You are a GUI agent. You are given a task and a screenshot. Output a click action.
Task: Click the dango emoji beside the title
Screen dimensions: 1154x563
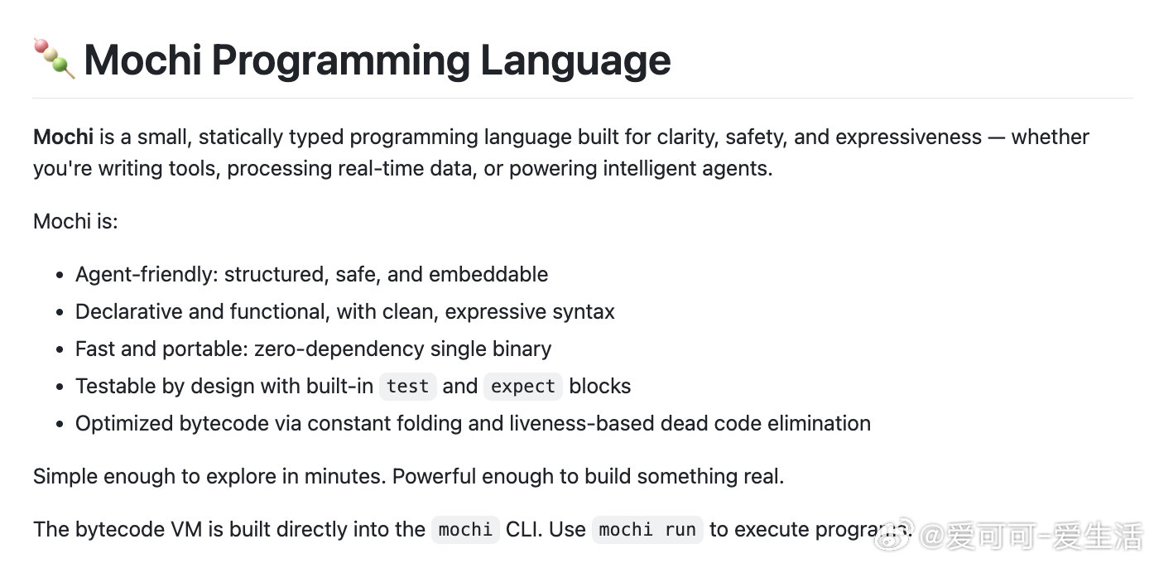tap(54, 58)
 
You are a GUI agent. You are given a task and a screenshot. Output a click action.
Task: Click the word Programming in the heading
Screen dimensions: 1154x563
tap(340, 61)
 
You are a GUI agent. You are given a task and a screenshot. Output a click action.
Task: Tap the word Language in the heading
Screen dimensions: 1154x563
tap(575, 61)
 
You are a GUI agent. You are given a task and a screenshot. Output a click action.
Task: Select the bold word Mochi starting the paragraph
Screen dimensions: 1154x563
tap(64, 137)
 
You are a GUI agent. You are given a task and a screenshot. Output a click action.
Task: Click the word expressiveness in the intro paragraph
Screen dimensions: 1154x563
tap(908, 137)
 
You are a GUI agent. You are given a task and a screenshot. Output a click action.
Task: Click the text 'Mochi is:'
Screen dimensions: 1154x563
tap(75, 222)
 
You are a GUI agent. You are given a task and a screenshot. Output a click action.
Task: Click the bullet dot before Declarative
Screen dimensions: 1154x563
tap(60, 312)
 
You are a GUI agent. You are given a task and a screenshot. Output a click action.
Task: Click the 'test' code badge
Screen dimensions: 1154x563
tap(407, 387)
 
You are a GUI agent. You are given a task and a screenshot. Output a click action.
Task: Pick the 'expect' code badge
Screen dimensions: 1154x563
tap(523, 387)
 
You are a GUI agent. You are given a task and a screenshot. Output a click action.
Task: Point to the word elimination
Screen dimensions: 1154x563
tap(819, 423)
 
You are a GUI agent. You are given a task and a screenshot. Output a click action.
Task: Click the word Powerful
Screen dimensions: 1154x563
tap(434, 476)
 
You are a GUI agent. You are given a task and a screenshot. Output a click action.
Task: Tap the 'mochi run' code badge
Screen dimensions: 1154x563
tap(647, 530)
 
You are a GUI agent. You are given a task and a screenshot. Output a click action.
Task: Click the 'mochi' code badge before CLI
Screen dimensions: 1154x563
tap(465, 530)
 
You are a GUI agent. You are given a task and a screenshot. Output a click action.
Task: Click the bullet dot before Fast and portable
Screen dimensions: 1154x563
tap(60, 349)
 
